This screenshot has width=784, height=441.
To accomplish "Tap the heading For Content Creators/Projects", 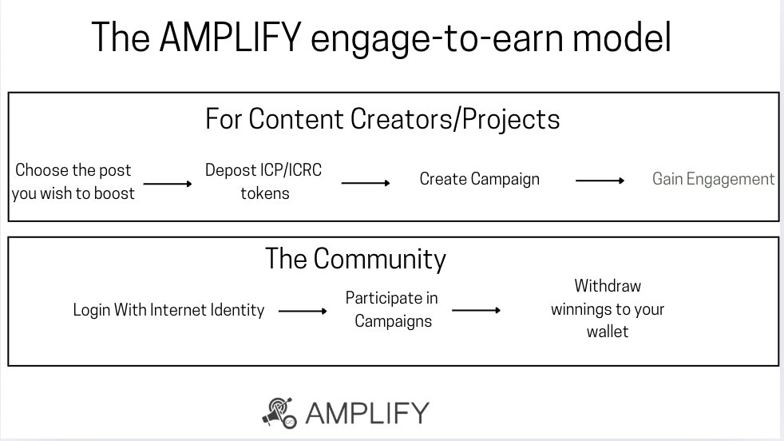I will point(382,119).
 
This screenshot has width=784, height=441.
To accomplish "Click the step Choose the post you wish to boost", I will point(73,181).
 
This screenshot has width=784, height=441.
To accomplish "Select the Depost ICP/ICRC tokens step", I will point(264,181).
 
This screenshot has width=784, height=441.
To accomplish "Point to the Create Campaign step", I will point(480,179).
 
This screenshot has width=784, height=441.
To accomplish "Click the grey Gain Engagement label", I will point(713,179).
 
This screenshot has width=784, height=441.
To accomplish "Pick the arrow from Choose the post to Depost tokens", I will point(168,184).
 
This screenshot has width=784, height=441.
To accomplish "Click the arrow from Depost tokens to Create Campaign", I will point(366,183).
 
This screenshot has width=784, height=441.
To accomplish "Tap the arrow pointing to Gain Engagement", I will point(600,181).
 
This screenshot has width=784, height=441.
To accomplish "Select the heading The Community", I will point(355,259).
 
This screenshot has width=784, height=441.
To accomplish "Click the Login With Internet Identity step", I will point(168,310).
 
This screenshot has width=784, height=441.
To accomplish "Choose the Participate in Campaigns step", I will point(391,309).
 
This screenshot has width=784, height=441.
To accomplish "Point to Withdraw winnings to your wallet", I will point(608,308).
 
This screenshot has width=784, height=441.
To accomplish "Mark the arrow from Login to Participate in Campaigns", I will point(303,311).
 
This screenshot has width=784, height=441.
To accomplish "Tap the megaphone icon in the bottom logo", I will point(280,411).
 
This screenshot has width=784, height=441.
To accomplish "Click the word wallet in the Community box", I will point(608,330).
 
